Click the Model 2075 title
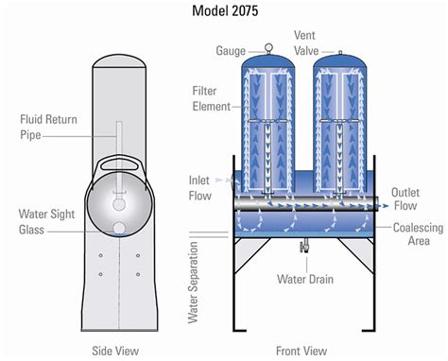225,11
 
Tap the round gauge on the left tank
268,47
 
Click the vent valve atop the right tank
340,52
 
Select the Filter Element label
212,98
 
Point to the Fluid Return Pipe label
48,127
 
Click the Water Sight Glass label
46,222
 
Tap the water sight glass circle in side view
119,229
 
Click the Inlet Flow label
199,188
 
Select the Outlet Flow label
405,198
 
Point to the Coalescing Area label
418,234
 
